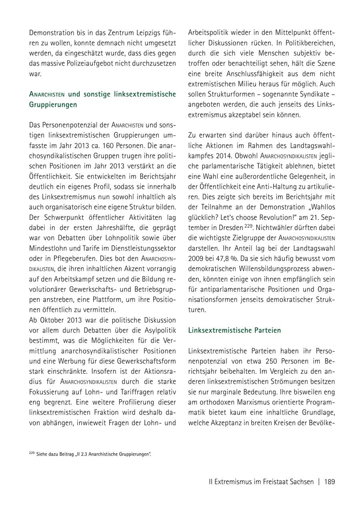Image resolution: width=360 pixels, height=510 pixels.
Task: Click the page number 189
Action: pos(330,482)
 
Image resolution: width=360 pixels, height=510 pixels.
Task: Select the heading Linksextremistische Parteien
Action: pos(234,331)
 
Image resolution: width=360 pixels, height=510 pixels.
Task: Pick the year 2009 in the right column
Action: pos(197,259)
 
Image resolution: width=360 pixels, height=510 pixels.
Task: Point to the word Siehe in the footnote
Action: pos(42,454)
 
